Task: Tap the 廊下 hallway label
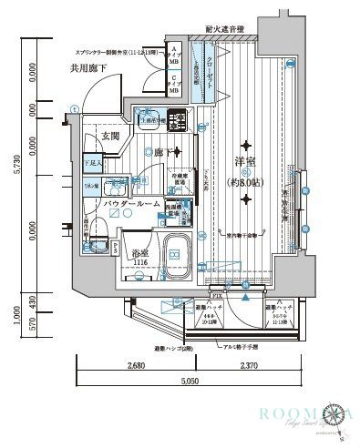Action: pyautogui.click(x=162, y=152)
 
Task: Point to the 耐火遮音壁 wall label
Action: pyautogui.click(x=225, y=28)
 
